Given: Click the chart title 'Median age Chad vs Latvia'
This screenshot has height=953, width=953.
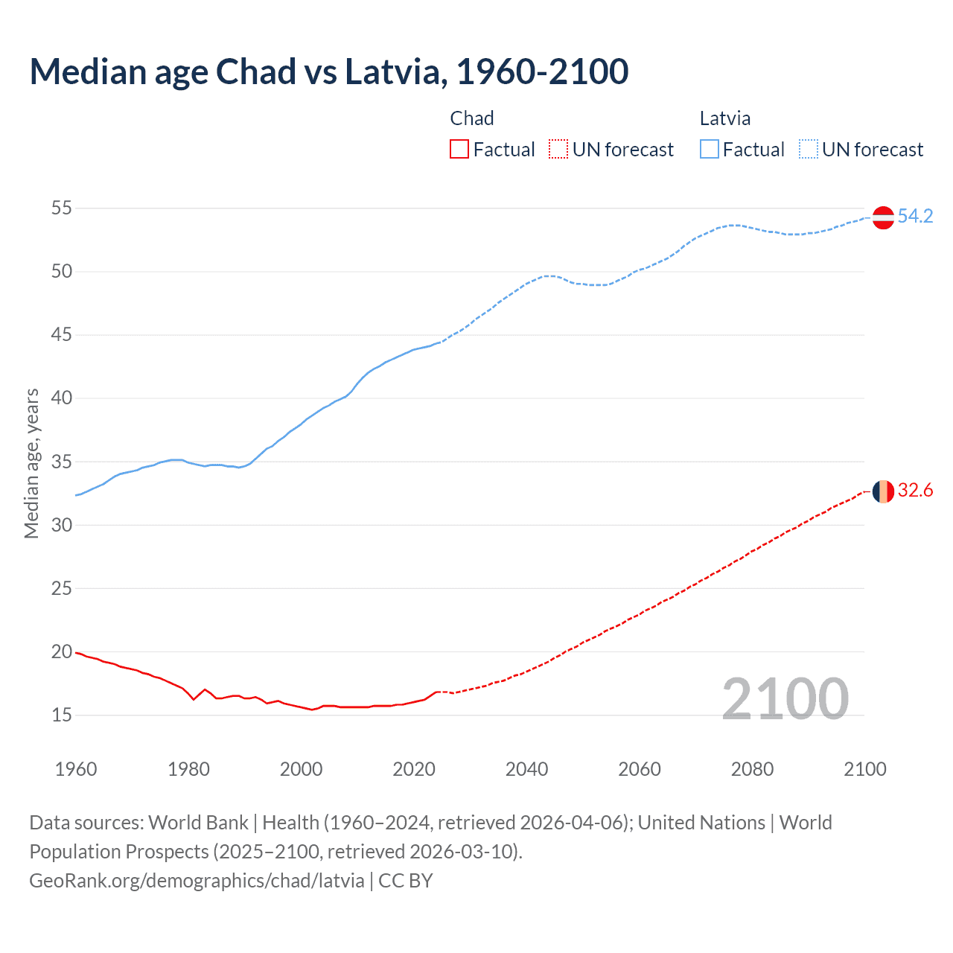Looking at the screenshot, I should point(328,71).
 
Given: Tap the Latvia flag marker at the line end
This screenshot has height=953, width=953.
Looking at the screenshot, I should point(883,217).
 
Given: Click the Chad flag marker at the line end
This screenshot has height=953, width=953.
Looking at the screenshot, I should point(883,491).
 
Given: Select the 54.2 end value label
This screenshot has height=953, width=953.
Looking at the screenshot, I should point(915,217).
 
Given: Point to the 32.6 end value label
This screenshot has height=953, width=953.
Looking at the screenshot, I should point(915,491).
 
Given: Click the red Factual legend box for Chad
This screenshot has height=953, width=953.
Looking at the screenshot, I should point(459,150).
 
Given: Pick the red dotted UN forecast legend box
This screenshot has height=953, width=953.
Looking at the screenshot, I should point(558,150).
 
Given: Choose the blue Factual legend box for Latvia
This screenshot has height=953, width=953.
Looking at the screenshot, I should point(710,150).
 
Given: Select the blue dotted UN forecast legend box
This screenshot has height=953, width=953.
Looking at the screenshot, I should point(809,150).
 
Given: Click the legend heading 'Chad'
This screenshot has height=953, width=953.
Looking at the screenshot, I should point(472,118).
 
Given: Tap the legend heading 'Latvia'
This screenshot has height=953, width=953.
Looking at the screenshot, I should point(725,118).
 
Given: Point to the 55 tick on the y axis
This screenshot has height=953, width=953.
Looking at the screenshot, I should point(62,208).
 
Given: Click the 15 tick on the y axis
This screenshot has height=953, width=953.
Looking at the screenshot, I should point(62,715).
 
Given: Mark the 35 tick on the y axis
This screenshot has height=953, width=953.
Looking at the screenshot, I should point(62,462).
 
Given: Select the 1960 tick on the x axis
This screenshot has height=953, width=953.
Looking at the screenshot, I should point(76,769).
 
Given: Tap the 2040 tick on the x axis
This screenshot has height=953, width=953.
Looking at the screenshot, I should point(526,769).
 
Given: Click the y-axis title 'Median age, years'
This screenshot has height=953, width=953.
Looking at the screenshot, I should point(31,463).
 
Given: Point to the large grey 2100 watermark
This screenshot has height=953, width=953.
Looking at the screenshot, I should point(785,698).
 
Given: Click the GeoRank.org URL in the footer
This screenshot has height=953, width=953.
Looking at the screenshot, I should point(197,881).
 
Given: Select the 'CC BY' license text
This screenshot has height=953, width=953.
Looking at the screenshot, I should point(406,881).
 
